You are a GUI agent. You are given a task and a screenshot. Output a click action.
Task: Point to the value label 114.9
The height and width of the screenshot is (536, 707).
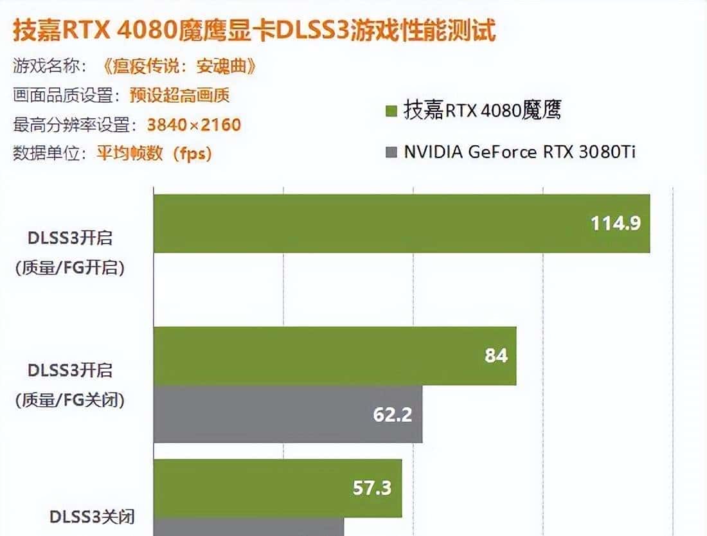[x=615, y=223]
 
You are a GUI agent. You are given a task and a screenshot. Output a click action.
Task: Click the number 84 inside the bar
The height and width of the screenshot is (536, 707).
[x=496, y=355]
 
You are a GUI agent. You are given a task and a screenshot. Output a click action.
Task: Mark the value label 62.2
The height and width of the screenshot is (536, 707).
[x=392, y=415]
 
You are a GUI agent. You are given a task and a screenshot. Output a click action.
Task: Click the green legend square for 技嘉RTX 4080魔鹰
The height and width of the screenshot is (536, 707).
[x=390, y=112]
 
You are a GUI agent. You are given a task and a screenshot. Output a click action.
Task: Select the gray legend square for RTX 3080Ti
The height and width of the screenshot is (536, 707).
[x=390, y=152]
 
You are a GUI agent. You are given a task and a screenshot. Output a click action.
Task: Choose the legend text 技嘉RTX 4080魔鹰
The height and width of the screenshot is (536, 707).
[x=483, y=111]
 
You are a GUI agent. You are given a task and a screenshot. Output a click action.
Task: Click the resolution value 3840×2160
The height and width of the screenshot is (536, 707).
[x=194, y=124]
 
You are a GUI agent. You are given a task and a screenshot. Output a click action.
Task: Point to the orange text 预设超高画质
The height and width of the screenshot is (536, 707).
[x=179, y=95]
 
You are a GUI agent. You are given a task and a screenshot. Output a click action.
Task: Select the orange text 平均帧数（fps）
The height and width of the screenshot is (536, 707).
[x=154, y=153]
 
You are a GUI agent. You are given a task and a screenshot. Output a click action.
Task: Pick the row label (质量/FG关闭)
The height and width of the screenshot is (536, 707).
[x=70, y=399]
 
